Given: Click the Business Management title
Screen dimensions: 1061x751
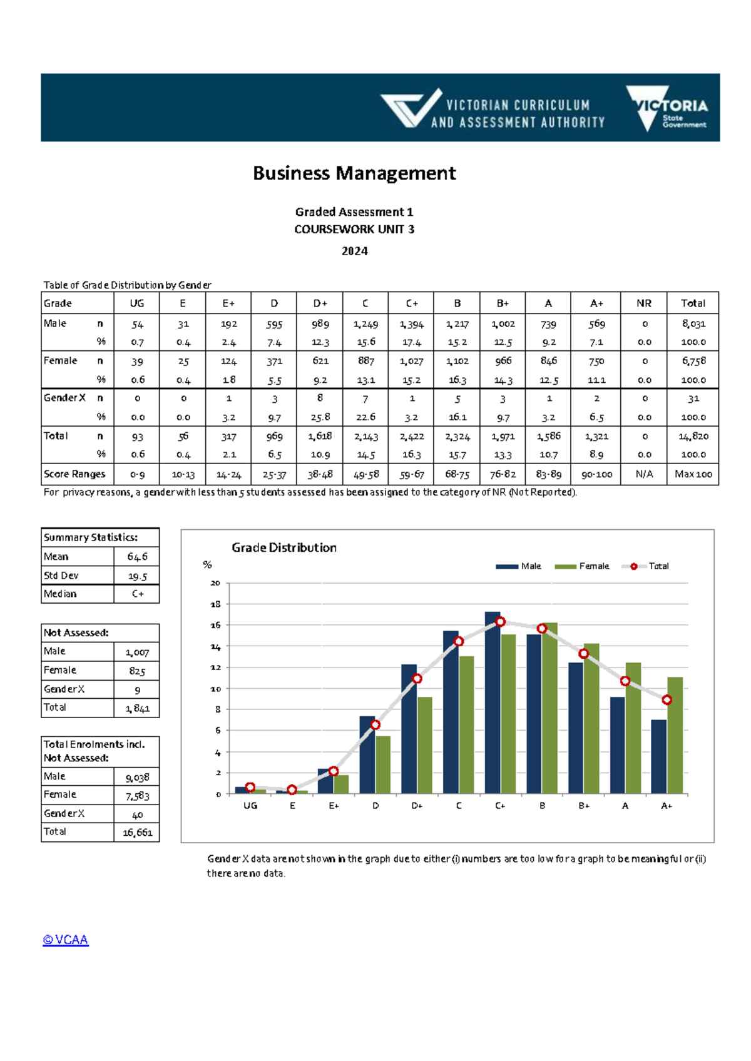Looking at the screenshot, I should coord(354,173).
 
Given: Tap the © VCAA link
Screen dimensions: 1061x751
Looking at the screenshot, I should coord(66,940).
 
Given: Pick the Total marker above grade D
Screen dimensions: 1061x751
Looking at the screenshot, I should coord(375,724).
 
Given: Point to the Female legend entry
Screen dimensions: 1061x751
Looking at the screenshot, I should coord(582,566).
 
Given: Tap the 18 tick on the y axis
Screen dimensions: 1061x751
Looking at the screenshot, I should coord(216,604).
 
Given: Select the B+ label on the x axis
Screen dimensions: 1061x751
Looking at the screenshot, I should coord(584,806).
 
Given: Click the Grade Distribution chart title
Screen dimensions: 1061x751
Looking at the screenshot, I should coord(284,548).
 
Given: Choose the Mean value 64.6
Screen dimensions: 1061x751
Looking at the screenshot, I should coord(137,557).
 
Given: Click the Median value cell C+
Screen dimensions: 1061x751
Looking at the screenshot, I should coord(138,594).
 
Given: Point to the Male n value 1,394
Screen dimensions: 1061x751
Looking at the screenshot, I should coord(411,324).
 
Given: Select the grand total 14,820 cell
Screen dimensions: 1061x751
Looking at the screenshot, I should coord(693,436).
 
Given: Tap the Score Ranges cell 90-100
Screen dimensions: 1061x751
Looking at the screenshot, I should coord(596,474).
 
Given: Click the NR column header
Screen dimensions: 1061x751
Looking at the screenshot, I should coord(643,303).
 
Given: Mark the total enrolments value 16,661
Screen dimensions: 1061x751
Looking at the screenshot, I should coord(137,833).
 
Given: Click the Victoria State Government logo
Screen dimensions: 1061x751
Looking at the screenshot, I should coord(667,108).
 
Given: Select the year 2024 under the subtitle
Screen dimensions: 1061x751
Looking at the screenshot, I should coord(354,251).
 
